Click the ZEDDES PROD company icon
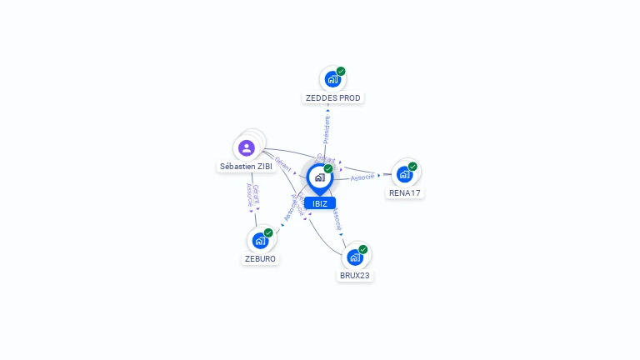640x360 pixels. [332, 80]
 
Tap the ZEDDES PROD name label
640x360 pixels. [333, 98]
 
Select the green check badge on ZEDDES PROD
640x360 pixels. [341, 72]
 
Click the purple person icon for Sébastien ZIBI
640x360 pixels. [246, 148]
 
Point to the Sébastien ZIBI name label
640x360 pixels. [247, 167]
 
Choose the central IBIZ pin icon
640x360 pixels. [319, 177]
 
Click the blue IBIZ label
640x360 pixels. [320, 203]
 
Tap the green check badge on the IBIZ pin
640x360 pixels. [328, 169]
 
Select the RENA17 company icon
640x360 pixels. [404, 175]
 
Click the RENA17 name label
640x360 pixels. [405, 193]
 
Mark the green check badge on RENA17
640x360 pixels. [412, 167]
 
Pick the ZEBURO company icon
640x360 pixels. [260, 241]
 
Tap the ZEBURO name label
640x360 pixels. [260, 259]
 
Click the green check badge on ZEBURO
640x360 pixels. [268, 233]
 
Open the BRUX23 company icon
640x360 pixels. [355, 257]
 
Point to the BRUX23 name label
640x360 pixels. [355, 275]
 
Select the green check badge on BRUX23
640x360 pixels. [363, 249]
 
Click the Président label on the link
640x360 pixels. [327, 129]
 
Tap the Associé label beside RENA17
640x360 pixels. [362, 177]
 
